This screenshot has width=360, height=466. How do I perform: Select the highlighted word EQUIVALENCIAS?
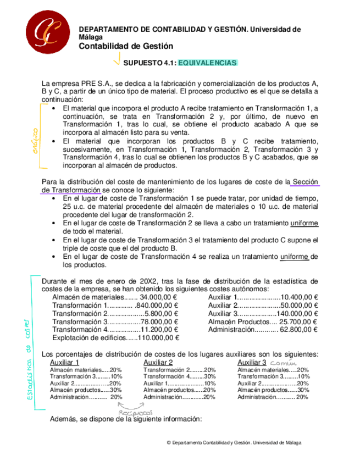tap(208, 63)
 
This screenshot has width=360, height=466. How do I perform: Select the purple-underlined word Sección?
tap(305, 182)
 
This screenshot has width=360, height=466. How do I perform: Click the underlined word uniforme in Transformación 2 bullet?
tap(304, 223)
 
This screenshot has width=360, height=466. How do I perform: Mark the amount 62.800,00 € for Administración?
tap(298, 330)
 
